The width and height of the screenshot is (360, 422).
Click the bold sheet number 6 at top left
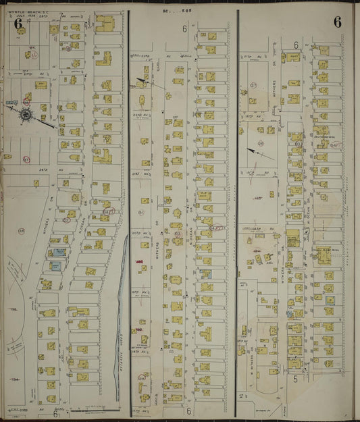[x=18, y=26]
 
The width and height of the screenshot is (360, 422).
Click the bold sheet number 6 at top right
[x=336, y=22]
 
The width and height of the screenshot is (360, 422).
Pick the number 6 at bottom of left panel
[x=54, y=415]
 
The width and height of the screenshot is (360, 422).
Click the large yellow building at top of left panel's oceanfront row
[x=105, y=26]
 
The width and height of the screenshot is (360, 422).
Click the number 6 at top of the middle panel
[x=184, y=29]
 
